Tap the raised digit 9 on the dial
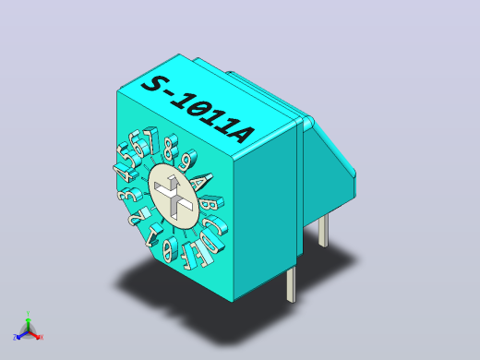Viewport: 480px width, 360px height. click(187, 161)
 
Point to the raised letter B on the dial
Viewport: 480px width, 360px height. click(210, 203)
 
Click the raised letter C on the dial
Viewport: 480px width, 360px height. click(216, 225)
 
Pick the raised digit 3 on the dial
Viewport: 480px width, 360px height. click(129, 195)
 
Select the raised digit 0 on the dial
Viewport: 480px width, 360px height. click(170, 248)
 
